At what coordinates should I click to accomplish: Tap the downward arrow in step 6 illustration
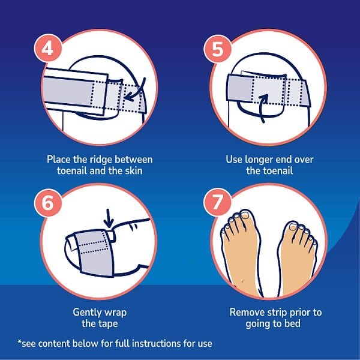[107, 217]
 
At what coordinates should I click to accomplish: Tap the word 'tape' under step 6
[108, 324]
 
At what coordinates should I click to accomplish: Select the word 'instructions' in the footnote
[157, 343]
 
